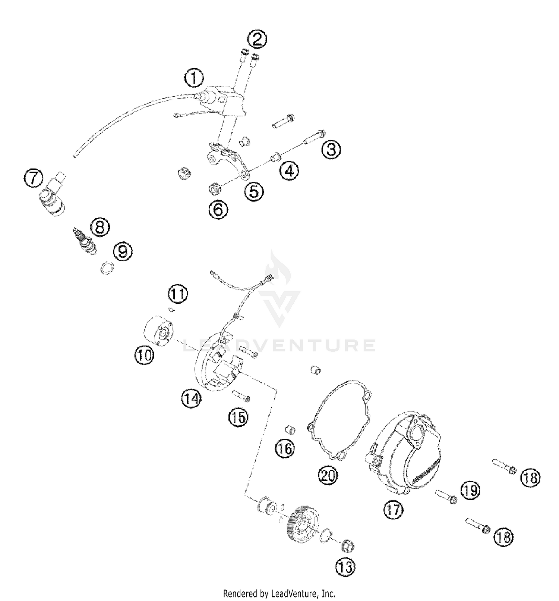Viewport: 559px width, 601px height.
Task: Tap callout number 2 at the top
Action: [x=258, y=40]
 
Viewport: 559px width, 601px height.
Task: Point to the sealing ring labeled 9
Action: [x=107, y=268]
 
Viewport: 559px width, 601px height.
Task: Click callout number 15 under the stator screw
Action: [x=238, y=417]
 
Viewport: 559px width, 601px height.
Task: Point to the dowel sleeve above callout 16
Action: [x=291, y=430]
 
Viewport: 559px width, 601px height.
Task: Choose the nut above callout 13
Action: [x=347, y=547]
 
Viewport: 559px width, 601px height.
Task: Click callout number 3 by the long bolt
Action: [x=331, y=150]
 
